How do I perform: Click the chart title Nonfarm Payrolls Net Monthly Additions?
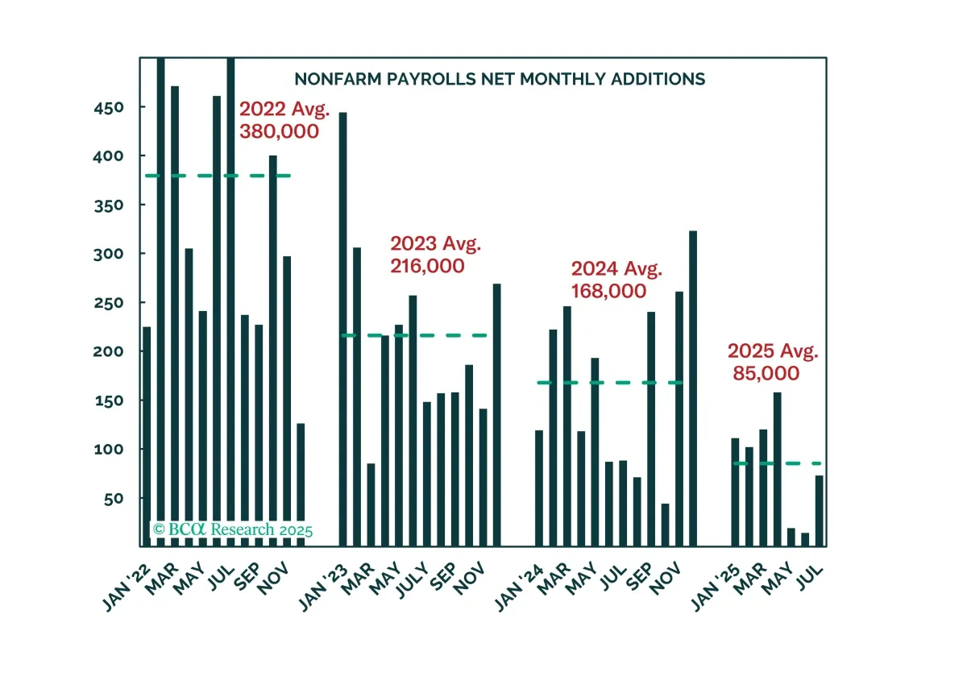point(500,79)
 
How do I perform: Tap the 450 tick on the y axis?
point(109,108)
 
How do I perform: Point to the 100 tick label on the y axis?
point(109,450)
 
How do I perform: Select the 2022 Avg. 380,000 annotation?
point(284,120)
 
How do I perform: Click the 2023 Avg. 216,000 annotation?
point(435,255)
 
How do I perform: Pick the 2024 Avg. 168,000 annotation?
point(616,280)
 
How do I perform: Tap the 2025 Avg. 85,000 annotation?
point(773,362)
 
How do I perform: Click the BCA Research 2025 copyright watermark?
point(233,529)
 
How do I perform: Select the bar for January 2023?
point(342,330)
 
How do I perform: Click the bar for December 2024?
point(693,388)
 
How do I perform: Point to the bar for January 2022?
point(147,437)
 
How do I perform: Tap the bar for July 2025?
point(820,511)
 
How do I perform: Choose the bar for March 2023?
point(371,504)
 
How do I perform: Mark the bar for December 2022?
point(301,485)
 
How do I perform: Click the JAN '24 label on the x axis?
point(519,588)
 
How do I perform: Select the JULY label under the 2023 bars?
point(413,580)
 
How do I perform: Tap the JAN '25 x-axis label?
point(716,588)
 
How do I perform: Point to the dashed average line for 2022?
point(218,176)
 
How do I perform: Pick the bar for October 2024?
point(666,525)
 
